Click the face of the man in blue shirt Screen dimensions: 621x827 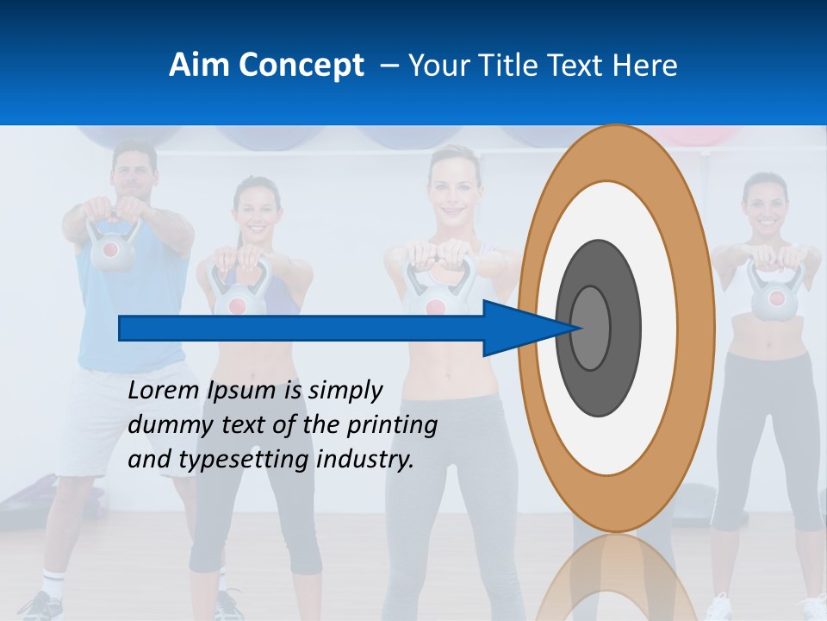(x=134, y=171)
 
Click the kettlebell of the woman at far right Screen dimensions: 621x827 (x=775, y=297)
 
